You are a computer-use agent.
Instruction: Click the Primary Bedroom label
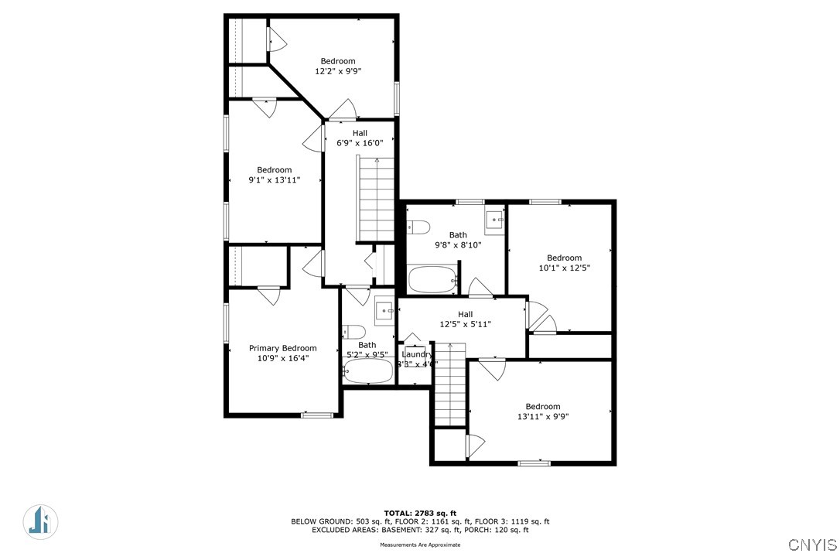pyautogui.click(x=282, y=348)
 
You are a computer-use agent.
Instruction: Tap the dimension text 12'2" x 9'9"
pyautogui.click(x=338, y=71)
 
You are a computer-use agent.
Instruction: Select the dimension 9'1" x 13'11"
pyautogui.click(x=274, y=180)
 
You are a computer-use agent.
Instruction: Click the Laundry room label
pyautogui.click(x=417, y=354)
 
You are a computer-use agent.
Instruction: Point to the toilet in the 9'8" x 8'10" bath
pyautogui.click(x=418, y=227)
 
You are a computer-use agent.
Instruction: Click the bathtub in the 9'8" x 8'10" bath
pyautogui.click(x=432, y=280)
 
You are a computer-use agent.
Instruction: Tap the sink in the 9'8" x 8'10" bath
pyautogui.click(x=494, y=221)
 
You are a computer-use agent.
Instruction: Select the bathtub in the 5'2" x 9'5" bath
pyautogui.click(x=369, y=372)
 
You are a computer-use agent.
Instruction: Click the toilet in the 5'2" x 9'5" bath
pyautogui.click(x=353, y=332)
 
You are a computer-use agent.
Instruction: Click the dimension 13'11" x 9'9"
pyautogui.click(x=543, y=417)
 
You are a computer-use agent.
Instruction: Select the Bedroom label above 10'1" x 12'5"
pyautogui.click(x=564, y=258)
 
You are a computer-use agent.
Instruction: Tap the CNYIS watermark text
pyautogui.click(x=813, y=544)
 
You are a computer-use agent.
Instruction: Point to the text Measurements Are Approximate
pyautogui.click(x=420, y=545)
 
